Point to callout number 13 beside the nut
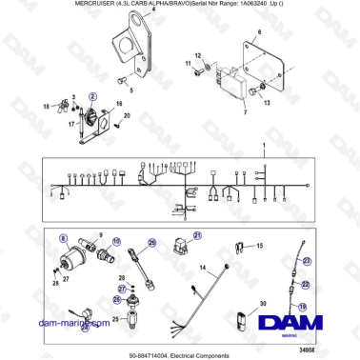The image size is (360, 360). coord(267,102)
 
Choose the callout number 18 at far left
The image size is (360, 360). coord(45,108)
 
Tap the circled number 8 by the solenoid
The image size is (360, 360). coord(64,236)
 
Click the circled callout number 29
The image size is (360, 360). coord(151,244)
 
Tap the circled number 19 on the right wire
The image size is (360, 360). coord(303,306)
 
